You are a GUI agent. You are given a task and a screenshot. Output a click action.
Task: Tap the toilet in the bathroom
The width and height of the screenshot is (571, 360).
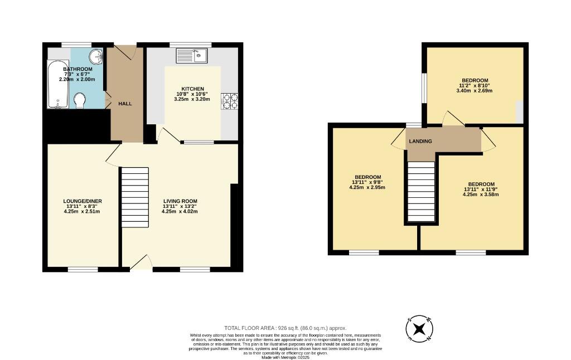point(80,100)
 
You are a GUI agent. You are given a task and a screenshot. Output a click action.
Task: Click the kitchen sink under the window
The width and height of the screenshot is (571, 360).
point(191,55)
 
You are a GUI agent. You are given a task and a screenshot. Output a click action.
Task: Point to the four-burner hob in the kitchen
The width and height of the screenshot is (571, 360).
point(229,100)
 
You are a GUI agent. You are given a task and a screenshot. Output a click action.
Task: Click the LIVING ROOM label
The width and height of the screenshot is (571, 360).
point(180,201)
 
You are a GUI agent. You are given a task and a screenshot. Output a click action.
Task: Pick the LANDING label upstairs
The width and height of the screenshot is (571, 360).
point(420,141)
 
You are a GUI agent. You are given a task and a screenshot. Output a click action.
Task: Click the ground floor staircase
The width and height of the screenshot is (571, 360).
point(135,197)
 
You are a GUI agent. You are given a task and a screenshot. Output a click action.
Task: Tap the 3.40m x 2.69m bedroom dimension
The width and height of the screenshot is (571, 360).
point(475,90)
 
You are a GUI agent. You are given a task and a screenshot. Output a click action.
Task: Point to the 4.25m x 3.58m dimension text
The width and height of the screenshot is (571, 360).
point(481,194)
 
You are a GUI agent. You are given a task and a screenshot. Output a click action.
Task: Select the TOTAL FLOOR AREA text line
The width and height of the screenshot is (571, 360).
point(285,328)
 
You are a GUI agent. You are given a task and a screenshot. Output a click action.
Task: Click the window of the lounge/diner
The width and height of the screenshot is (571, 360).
point(83,270)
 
